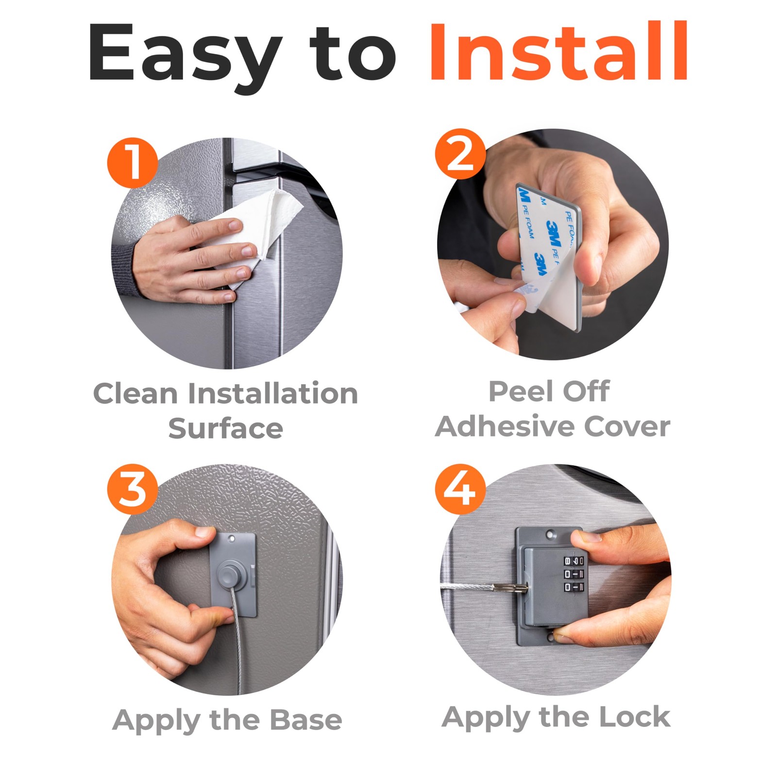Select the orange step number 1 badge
coord(132,163)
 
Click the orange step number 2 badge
coord(460,154)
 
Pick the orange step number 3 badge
coord(132,489)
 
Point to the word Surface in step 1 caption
coord(226,428)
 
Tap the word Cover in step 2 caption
coord(627,427)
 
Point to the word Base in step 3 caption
coord(305,719)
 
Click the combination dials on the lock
coord(574,574)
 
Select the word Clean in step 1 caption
coord(135,393)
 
